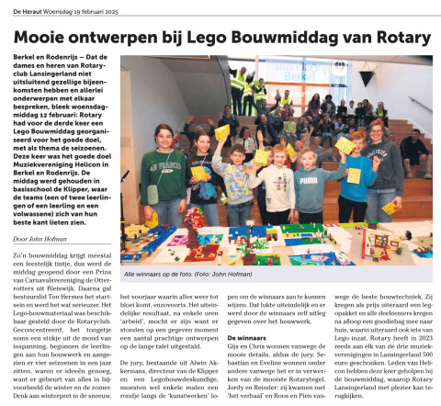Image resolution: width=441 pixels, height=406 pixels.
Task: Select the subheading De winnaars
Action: pyautogui.click(x=247, y=338)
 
